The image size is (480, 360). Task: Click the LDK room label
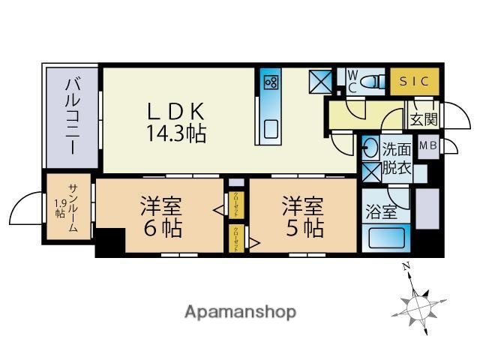click(175, 111)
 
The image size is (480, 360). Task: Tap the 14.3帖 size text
click(175, 135)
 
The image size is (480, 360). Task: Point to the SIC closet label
click(410, 80)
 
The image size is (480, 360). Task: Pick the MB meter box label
click(428, 145)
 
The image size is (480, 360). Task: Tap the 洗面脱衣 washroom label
click(396, 157)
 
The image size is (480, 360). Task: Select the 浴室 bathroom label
click(381, 212)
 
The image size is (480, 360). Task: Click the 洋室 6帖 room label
click(161, 216)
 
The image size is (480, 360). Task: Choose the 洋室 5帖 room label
click(302, 216)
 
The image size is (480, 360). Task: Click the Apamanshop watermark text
click(240, 311)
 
